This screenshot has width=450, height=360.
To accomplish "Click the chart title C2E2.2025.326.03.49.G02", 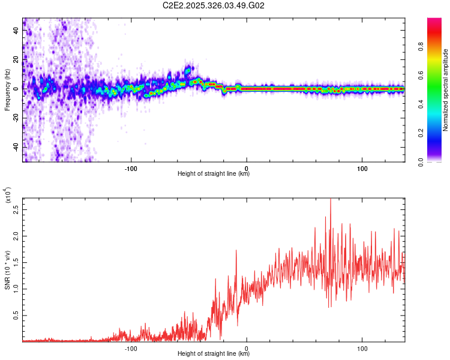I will pyautogui.click(x=214, y=5).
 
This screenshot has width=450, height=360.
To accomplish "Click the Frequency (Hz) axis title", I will pyautogui.click(x=8, y=90).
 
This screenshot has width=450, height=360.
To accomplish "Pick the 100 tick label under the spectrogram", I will pyautogui.click(x=362, y=167).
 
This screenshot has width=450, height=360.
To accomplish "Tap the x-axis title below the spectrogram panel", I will pyautogui.click(x=214, y=174).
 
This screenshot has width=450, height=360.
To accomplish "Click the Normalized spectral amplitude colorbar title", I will pyautogui.click(x=446, y=90).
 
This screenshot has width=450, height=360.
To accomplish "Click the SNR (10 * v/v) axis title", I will pyautogui.click(x=8, y=270).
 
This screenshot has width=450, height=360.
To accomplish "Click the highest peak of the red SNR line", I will pyautogui.click(x=331, y=199).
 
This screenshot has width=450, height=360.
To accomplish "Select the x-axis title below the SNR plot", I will pyautogui.click(x=214, y=354).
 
